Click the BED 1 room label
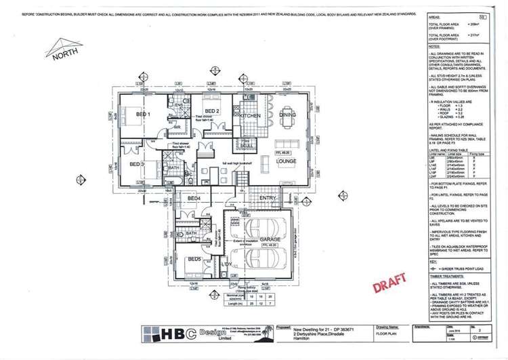click(x=143, y=115)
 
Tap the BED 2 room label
click(x=211, y=111)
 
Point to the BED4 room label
click(x=194, y=198)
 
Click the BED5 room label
click(x=194, y=259)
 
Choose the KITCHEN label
click(x=249, y=116)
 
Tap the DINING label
click(x=287, y=115)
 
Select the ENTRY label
click(x=268, y=198)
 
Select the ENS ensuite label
click(x=179, y=105)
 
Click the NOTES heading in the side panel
click(x=434, y=47)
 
